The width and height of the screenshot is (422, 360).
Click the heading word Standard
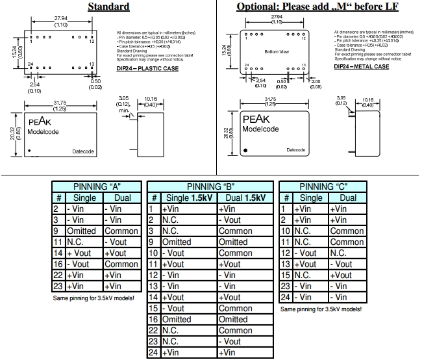108,6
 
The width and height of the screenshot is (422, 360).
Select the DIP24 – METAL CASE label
362,66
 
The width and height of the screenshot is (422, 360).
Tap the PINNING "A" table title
97,186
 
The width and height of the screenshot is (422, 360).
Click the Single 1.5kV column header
188,198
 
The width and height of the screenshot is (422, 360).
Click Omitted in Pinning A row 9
82,231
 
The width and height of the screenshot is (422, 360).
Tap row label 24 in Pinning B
153,352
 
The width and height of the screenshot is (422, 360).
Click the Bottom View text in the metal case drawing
277,51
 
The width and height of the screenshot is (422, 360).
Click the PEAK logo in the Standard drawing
39,121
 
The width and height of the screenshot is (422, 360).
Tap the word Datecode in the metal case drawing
295,150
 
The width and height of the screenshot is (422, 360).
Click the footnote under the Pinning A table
93,298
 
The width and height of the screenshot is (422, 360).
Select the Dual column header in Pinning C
347,198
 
